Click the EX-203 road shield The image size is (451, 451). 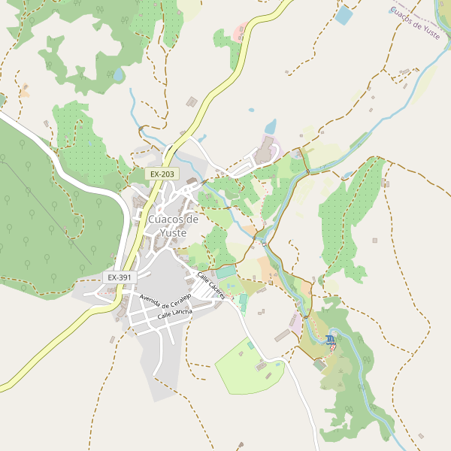click(x=162, y=174)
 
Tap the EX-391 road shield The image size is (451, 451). click(x=119, y=277)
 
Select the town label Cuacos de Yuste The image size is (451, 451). click(x=174, y=225)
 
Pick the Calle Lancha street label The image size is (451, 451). click(x=175, y=316)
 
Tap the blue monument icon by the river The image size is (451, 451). click(x=331, y=341)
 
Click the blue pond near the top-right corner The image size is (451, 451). click(x=344, y=15)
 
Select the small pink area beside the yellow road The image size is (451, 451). click(x=240, y=33)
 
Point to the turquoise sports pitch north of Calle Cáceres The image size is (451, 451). click(x=226, y=271)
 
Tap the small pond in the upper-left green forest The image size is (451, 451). click(x=118, y=74)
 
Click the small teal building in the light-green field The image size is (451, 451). click(x=250, y=345)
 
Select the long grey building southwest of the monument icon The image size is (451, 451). click(x=283, y=335)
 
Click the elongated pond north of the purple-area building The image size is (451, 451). click(x=271, y=126)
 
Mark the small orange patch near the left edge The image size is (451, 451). click(x=25, y=92)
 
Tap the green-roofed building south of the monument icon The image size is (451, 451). click(x=319, y=365)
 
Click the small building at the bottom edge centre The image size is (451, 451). click(x=241, y=445)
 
